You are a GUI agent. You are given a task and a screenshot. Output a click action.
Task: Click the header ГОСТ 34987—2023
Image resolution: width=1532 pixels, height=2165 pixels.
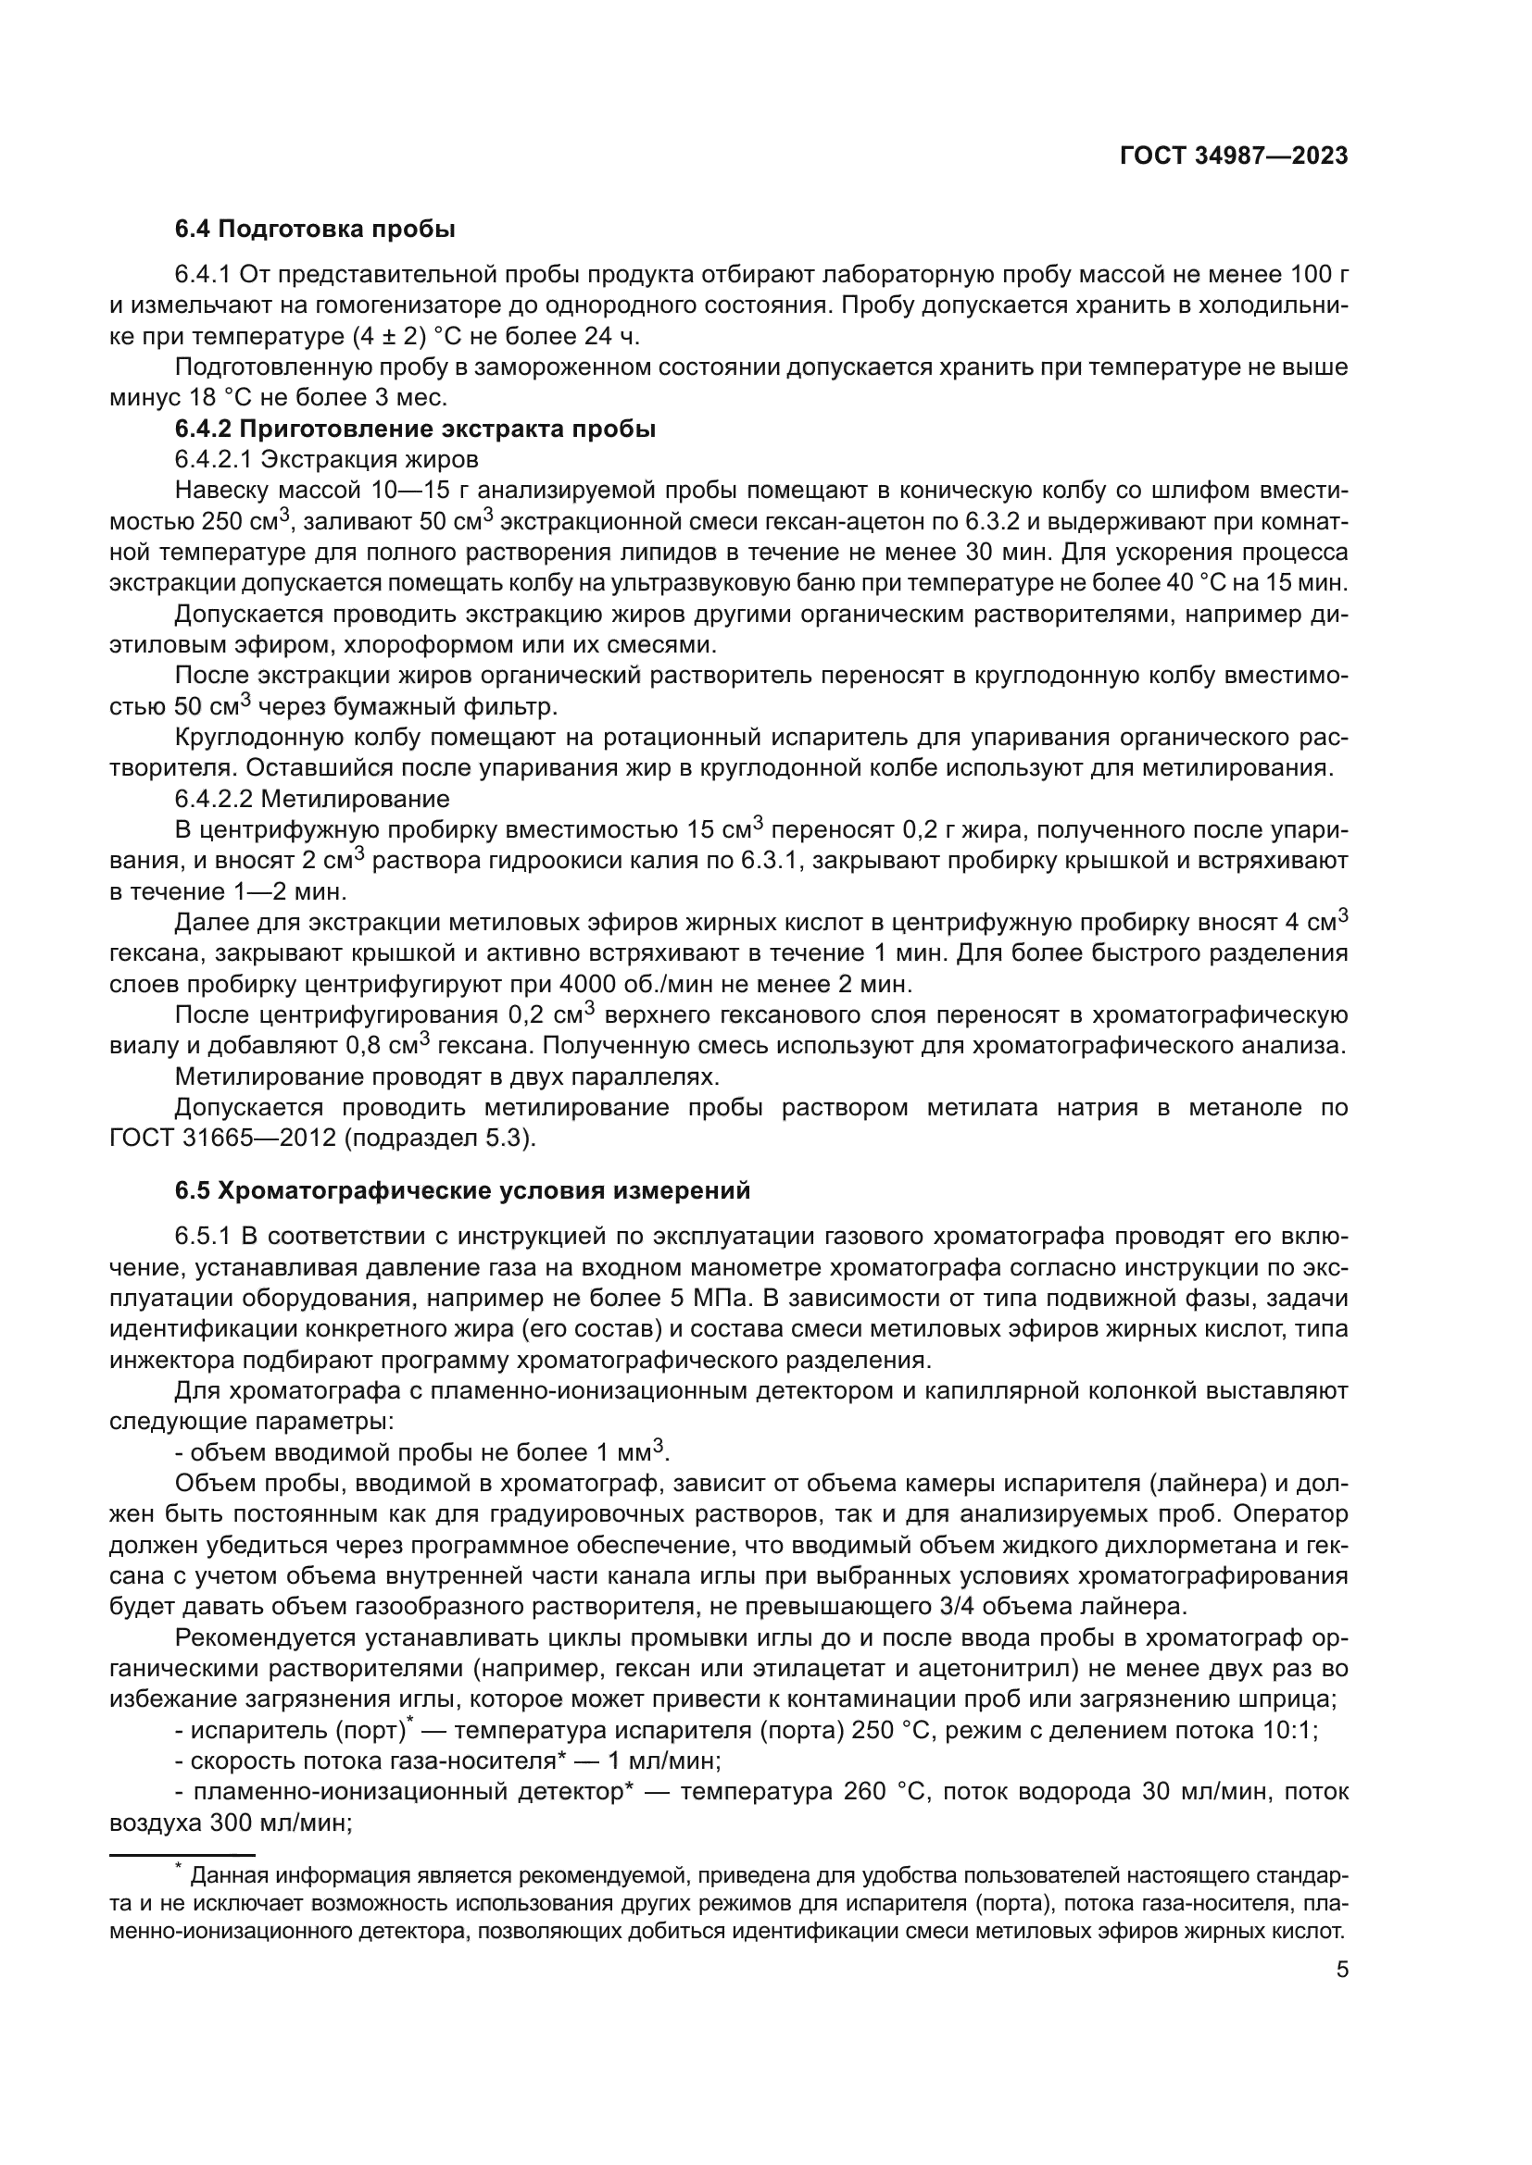click(1233, 156)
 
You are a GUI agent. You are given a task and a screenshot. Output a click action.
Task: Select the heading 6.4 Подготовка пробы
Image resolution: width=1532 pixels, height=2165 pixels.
click(315, 230)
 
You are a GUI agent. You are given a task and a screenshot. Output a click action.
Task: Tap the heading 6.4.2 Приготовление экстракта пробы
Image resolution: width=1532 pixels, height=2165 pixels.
click(415, 429)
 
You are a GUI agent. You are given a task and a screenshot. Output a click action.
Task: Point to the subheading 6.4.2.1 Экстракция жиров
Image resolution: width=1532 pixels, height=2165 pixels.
click(326, 459)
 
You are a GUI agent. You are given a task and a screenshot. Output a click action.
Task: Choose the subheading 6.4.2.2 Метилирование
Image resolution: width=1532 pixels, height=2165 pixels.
click(312, 800)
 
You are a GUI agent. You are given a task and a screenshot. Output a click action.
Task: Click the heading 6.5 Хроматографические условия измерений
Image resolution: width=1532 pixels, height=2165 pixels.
click(462, 1191)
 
